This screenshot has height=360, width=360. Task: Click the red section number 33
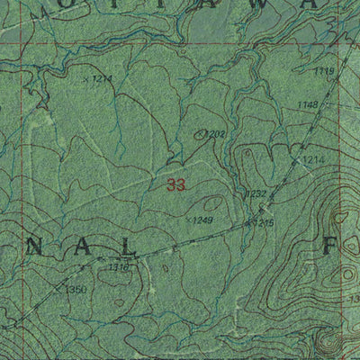[176, 186]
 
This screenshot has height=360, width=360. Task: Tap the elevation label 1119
[325, 71]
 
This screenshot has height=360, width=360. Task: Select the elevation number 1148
[308, 105]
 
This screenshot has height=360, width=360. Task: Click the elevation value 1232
[256, 193]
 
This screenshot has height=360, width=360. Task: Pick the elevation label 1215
[263, 221]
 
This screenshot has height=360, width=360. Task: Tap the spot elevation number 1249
[202, 220]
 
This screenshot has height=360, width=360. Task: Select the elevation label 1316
[118, 267]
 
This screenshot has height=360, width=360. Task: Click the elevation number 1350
[76, 289]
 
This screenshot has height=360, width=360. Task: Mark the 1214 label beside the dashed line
[311, 159]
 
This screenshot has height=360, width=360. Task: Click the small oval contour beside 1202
[200, 134]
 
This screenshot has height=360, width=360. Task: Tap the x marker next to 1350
[58, 290]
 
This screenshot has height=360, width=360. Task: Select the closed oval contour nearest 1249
[212, 204]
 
